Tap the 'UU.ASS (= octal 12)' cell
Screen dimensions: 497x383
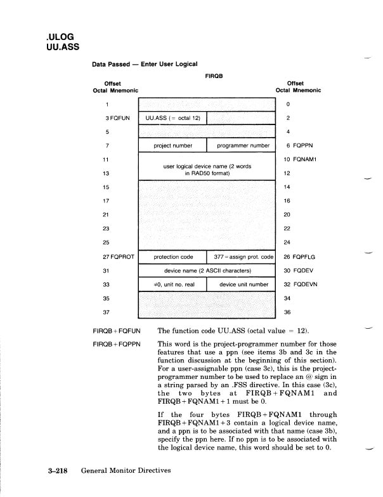coord(172,118)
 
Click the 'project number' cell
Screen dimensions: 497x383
coord(172,145)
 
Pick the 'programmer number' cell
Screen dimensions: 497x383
coord(241,145)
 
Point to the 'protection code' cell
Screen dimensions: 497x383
coord(172,257)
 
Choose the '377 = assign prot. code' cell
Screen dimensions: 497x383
coord(241,257)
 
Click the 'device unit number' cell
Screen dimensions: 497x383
coord(241,284)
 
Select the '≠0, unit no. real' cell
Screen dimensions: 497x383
coord(172,284)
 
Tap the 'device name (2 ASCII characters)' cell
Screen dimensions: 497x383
coord(207,270)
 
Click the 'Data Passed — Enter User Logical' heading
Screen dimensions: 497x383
coord(145,63)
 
